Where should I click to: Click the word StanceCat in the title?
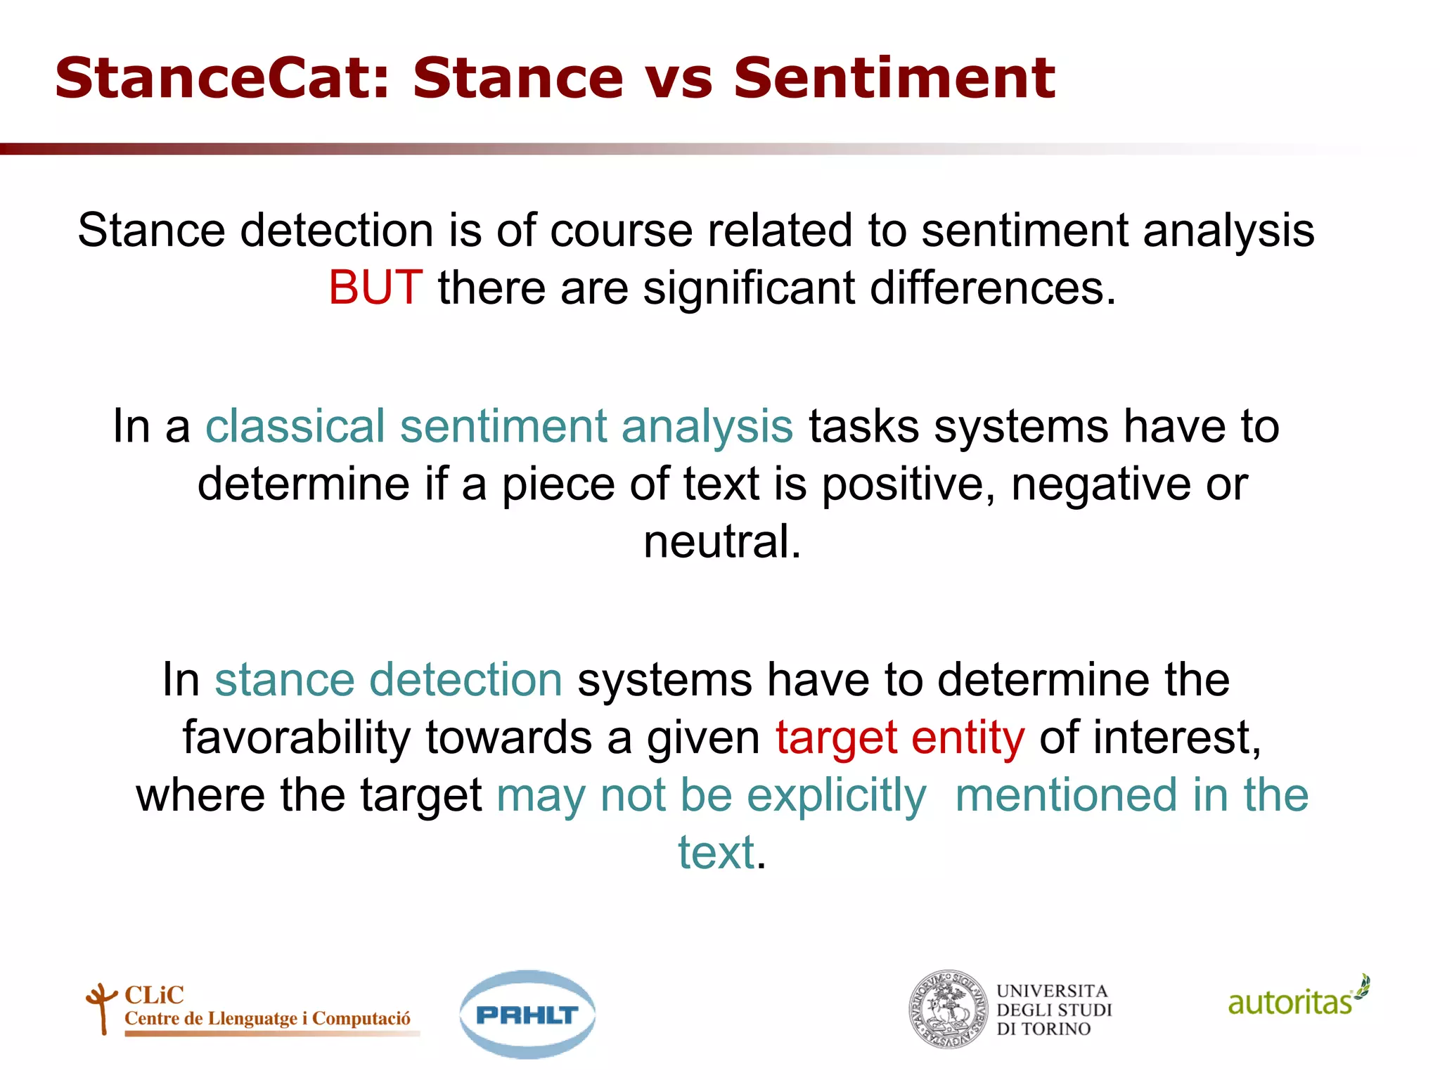coord(221,78)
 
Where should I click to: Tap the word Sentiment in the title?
coord(894,78)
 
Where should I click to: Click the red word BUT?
coord(375,288)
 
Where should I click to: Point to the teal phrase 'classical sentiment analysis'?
coord(499,427)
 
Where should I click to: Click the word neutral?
coord(721,542)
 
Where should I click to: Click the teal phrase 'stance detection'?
coord(388,680)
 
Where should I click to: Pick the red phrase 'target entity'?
coord(899,738)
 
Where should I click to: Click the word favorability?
coord(296,738)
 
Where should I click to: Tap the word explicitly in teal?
coord(836,795)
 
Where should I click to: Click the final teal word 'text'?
coord(716,853)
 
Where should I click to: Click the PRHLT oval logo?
coord(527,1015)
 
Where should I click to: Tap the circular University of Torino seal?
coord(949,1010)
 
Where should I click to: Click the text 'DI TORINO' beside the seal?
coord(1043,1029)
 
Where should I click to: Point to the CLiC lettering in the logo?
coord(154,995)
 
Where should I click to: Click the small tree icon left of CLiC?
coord(102,1008)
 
